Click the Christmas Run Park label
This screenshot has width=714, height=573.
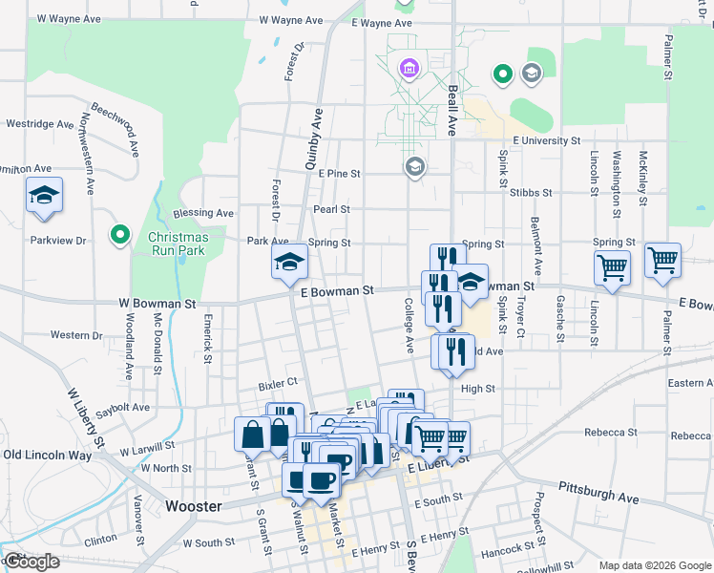click(x=178, y=244)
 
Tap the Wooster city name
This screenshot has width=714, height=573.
click(x=193, y=506)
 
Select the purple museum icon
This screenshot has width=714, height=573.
click(x=409, y=69)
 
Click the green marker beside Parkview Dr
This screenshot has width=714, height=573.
click(x=119, y=234)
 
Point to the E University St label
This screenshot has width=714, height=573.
click(x=546, y=140)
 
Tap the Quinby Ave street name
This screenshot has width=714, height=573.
click(x=314, y=139)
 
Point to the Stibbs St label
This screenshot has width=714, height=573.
click(x=531, y=192)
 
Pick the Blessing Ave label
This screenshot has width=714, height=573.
click(x=203, y=213)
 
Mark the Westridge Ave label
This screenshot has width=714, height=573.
click(x=39, y=124)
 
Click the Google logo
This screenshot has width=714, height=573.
click(x=31, y=562)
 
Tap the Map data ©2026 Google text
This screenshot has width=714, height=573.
click(x=654, y=565)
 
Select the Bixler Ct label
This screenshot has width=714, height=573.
click(x=279, y=386)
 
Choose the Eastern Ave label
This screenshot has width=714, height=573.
click(x=690, y=383)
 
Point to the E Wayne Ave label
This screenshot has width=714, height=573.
click(x=381, y=23)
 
